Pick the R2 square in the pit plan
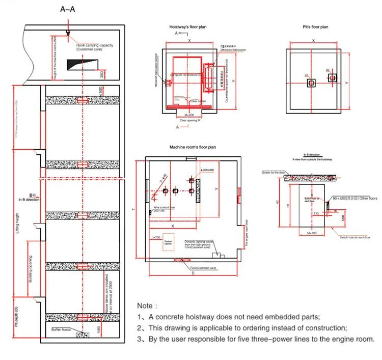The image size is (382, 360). pos(332,78)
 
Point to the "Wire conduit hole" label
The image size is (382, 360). pos(164,207)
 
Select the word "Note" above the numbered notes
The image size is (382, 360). pos(147,306)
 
